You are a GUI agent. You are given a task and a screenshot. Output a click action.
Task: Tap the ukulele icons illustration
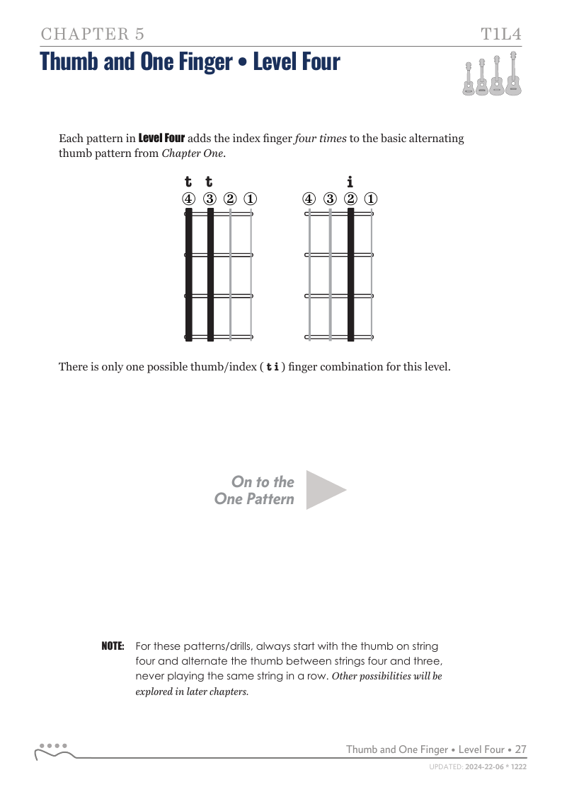[x=493, y=74]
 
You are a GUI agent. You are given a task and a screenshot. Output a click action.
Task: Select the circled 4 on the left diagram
[x=188, y=199]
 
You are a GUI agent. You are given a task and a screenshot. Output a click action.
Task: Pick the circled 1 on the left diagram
[x=251, y=199]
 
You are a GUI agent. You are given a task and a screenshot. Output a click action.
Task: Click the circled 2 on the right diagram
[x=350, y=199]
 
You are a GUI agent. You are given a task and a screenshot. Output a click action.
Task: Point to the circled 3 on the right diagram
[x=330, y=199]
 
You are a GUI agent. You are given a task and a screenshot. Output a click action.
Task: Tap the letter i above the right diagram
[x=350, y=182]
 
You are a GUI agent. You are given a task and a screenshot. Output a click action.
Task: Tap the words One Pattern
[x=254, y=499]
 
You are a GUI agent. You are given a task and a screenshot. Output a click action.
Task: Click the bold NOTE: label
[x=113, y=646]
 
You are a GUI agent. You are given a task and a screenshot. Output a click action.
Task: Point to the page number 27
[x=520, y=749]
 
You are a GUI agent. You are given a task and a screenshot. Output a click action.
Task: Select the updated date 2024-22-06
[x=486, y=766]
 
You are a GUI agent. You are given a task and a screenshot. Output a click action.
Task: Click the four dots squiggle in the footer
[x=53, y=750]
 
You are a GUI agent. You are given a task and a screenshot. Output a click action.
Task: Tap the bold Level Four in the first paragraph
[x=161, y=138]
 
